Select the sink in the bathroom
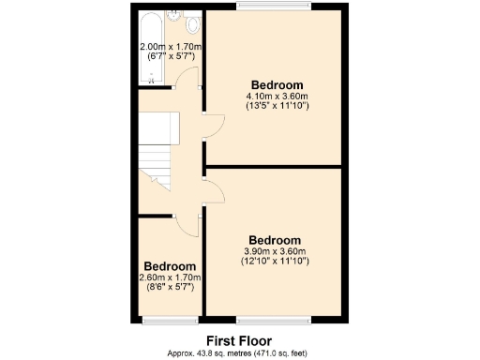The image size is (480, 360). tap(174, 18)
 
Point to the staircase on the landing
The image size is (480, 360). tap(154, 150)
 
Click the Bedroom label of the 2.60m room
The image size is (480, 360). tap(170, 266)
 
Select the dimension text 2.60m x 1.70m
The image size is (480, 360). tap(170, 277)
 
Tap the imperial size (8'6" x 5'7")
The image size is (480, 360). tap(170, 288)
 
